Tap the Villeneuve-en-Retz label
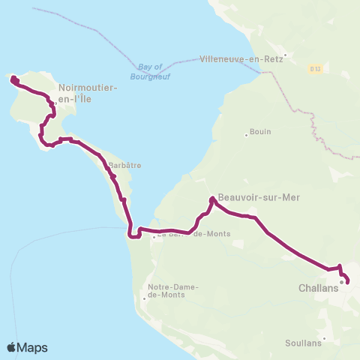pos(241,58)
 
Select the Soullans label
pos(303,343)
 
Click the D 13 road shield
pos(316,68)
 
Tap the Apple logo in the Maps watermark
pos(12,347)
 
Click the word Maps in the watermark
pos(33,347)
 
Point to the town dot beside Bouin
pos(246,136)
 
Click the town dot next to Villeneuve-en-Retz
pos(285,54)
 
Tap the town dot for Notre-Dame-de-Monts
pos(144,298)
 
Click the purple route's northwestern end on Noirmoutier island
pos(12,77)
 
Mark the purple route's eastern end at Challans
pos(348,283)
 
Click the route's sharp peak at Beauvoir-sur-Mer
pos(212,199)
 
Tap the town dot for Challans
pos(341,283)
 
